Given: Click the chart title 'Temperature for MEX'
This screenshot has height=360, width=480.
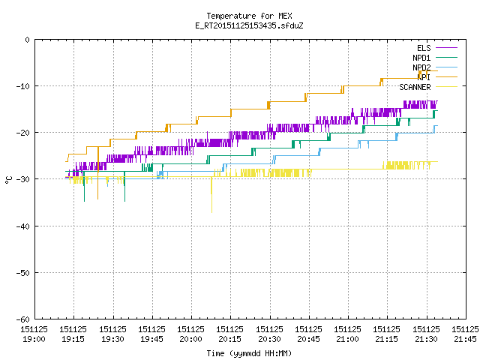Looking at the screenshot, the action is (x=249, y=16).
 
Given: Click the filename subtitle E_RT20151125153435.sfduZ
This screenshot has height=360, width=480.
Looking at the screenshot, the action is (x=249, y=25).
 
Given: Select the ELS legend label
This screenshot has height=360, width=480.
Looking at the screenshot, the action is (x=424, y=48).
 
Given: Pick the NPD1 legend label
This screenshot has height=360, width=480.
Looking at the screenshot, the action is (x=421, y=58).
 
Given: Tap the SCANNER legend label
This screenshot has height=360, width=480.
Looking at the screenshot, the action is (x=415, y=87).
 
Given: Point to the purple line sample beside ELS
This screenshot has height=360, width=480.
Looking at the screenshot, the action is (x=446, y=48).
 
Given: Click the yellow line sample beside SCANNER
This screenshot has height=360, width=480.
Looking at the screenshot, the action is (x=446, y=87).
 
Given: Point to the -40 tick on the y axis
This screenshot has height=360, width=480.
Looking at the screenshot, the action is (x=23, y=226).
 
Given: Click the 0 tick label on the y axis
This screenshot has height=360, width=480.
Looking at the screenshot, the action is (x=28, y=40).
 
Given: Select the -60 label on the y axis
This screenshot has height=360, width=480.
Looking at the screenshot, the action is (x=23, y=319).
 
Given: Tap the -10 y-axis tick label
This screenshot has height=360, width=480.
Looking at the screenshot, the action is (x=23, y=86).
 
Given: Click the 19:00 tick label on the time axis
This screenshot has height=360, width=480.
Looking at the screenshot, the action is (x=34, y=339).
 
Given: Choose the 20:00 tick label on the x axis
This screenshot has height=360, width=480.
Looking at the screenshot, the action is (x=190, y=339).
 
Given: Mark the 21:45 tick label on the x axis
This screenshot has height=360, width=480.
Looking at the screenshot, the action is (x=465, y=339).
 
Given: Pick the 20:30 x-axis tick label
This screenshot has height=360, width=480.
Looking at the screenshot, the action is (x=269, y=339).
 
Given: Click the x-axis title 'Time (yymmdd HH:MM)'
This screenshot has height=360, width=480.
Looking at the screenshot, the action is (x=249, y=353).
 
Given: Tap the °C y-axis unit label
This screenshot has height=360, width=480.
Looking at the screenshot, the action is (x=8, y=180).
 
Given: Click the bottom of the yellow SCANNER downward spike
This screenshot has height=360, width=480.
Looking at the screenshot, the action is (x=211, y=212).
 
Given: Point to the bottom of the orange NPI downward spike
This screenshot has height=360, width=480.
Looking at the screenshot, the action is (x=98, y=199).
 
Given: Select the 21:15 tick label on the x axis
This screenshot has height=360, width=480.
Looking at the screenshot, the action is (x=386, y=339).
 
